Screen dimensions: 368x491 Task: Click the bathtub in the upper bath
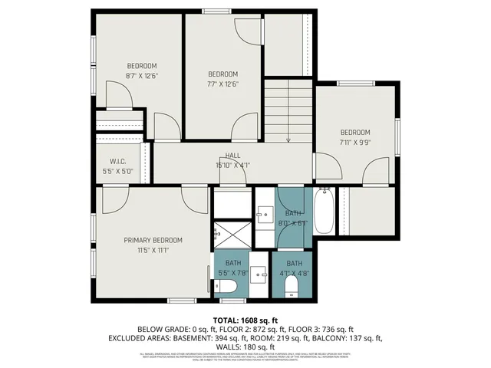point(324,212)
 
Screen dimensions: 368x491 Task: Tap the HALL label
point(232,156)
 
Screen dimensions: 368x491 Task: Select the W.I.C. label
point(117,161)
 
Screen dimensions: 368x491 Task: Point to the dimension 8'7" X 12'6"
point(141,76)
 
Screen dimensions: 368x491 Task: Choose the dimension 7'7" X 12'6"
point(223,84)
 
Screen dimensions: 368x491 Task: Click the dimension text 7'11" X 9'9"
point(355,142)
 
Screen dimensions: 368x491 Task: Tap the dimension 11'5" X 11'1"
point(152,250)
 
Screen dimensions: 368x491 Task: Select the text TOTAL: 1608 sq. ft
point(245,320)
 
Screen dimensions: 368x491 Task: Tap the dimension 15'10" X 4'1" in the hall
point(232,165)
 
